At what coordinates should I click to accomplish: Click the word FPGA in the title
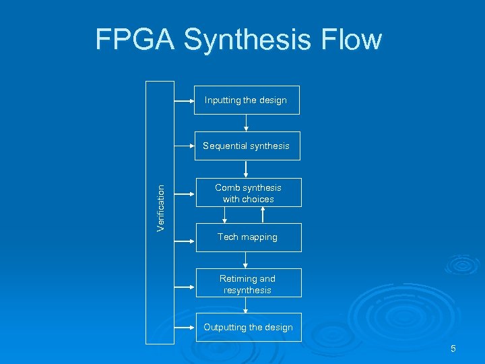(135, 40)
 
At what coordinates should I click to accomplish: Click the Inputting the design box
(246, 100)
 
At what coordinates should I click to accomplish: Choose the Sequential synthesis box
(247, 146)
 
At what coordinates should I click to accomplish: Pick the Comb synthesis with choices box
(248, 193)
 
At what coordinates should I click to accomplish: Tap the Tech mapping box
(248, 237)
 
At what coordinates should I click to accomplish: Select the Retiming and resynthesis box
(248, 284)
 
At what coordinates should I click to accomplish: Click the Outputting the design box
(248, 327)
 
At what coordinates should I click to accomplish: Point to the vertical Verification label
(160, 209)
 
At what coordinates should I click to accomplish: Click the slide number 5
(453, 348)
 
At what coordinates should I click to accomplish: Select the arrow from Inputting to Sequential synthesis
(246, 123)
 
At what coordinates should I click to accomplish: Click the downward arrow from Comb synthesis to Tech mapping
(225, 215)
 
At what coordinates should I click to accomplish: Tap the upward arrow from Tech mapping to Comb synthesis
(263, 215)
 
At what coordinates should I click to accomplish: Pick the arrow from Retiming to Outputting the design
(246, 305)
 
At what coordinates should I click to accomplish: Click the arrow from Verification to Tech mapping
(185, 237)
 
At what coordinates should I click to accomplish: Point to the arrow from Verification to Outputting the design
(185, 328)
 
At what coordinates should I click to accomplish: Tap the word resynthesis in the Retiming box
(248, 291)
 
